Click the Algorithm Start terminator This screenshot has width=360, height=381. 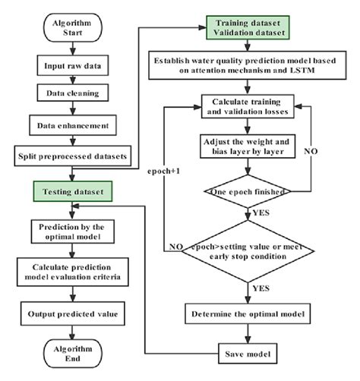73,27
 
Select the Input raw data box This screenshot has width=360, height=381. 73,65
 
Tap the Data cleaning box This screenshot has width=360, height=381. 73,93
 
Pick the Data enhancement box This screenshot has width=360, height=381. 73,125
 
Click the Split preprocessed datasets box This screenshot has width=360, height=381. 73,156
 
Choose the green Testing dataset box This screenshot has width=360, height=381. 73,191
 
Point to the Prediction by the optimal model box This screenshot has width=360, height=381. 73,231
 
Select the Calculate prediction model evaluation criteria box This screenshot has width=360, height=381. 73,272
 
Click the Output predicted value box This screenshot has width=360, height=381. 73,313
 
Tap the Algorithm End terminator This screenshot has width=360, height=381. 73,354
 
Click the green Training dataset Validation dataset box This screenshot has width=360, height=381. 248,27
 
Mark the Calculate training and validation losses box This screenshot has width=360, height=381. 248,106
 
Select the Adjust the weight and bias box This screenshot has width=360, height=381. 248,146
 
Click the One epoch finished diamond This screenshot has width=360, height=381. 248,191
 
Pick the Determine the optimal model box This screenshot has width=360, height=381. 248,313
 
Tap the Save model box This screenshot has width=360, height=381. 248,354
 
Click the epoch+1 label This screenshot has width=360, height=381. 163,172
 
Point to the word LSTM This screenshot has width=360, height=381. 302,70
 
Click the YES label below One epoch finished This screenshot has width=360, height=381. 261,213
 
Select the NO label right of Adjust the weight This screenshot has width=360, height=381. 311,151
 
